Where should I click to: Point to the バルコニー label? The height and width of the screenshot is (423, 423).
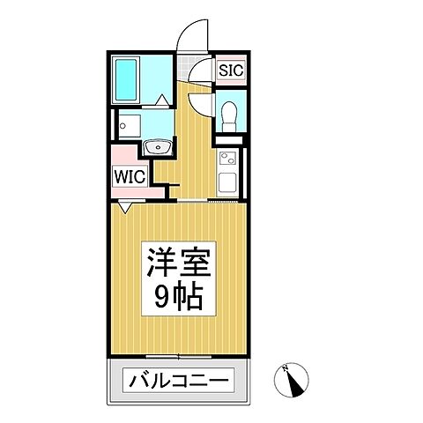[x=180, y=382]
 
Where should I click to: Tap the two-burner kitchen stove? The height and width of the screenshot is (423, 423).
[x=226, y=161]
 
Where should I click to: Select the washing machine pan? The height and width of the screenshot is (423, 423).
[x=130, y=125]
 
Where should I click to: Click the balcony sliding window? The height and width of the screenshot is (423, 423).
[x=180, y=356]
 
